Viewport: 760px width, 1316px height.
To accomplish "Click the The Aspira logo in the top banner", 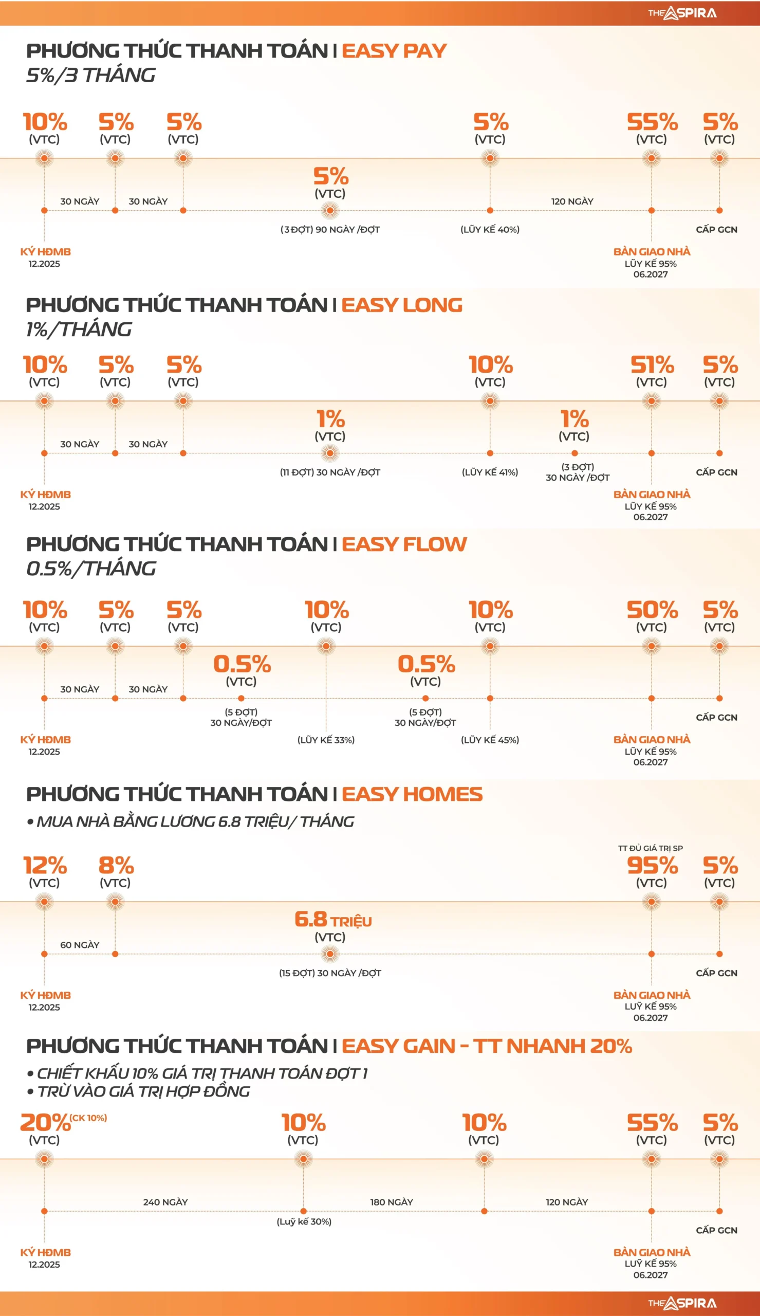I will pyautogui.click(x=682, y=13).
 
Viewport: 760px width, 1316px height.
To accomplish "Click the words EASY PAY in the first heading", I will pyautogui.click(x=394, y=51).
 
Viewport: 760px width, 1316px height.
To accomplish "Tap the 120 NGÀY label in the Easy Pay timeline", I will pyautogui.click(x=572, y=202).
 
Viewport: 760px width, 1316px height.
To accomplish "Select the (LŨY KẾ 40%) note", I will pyautogui.click(x=490, y=230).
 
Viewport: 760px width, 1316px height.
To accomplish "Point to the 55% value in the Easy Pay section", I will pyautogui.click(x=652, y=122).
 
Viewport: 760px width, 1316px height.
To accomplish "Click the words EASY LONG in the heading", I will pyautogui.click(x=402, y=305).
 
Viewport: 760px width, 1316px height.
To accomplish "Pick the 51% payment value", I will pyautogui.click(x=652, y=365).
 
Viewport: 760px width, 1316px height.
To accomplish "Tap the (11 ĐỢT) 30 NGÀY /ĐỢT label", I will pyautogui.click(x=330, y=472).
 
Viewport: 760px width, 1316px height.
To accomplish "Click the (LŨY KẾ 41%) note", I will pyautogui.click(x=490, y=472).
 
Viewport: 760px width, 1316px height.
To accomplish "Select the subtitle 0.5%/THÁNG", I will pyautogui.click(x=91, y=569).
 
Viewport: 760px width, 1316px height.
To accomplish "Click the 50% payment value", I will pyautogui.click(x=652, y=610).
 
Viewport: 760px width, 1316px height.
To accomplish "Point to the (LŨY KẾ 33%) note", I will pyautogui.click(x=326, y=740).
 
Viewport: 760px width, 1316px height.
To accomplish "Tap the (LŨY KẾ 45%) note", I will pyautogui.click(x=490, y=740).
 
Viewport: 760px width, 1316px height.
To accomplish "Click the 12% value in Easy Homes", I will pyautogui.click(x=45, y=866).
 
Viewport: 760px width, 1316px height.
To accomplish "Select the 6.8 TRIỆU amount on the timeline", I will pyautogui.click(x=333, y=919).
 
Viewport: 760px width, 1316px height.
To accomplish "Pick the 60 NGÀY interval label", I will pyautogui.click(x=79, y=945).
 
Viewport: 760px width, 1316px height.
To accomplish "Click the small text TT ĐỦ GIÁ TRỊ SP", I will pyautogui.click(x=651, y=848).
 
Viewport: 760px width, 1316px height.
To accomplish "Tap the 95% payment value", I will pyautogui.click(x=652, y=866).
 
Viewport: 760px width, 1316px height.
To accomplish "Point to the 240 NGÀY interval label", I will pyautogui.click(x=165, y=1202).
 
